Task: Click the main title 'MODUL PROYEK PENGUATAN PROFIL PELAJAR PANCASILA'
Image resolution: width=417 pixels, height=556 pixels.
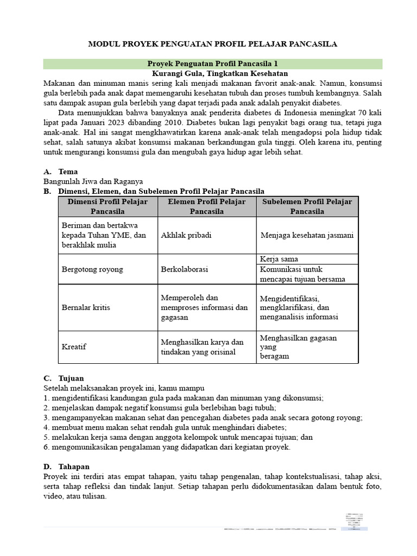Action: coord(212,44)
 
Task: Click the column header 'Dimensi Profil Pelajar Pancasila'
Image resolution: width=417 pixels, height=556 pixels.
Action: coord(108,206)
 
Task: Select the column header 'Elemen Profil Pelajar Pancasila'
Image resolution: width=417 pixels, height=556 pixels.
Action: coord(206,206)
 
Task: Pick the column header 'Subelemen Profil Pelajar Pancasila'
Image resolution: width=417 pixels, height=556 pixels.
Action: coord(307,206)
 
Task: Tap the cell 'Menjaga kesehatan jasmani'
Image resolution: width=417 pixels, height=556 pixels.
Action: coord(307,236)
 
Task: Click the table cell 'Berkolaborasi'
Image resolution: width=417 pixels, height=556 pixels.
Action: coord(185,269)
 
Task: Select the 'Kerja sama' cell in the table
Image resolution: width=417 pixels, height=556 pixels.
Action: coord(279,259)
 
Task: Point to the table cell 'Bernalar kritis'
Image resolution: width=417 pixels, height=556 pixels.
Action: coord(86,307)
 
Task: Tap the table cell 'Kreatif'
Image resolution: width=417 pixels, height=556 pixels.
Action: coord(74,347)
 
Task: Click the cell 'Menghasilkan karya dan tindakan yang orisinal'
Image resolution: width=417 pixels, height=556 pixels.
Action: coord(202,347)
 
